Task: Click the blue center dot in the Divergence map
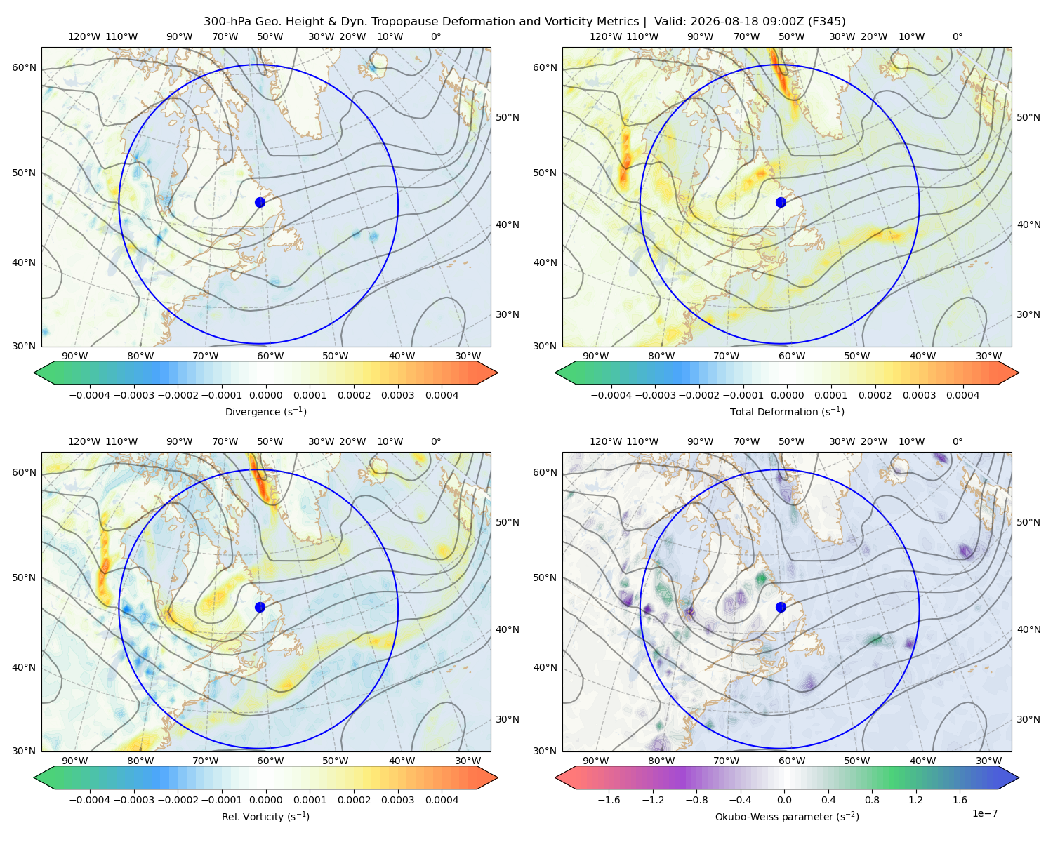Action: (x=260, y=203)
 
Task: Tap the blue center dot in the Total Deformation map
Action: (x=781, y=203)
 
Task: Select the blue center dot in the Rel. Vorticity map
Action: (x=260, y=607)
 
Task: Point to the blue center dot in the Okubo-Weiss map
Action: (x=781, y=607)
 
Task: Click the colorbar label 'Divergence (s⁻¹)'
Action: (x=265, y=411)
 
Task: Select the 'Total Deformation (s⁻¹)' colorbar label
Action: (x=787, y=411)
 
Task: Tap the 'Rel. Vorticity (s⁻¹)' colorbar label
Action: (x=265, y=817)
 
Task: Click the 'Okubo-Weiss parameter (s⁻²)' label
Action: (x=787, y=817)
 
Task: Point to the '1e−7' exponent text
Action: (x=984, y=813)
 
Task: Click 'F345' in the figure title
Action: (x=826, y=22)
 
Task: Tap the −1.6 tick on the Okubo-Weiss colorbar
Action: (x=609, y=800)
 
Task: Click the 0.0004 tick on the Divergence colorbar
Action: (x=442, y=395)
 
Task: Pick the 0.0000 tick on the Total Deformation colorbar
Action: (x=787, y=395)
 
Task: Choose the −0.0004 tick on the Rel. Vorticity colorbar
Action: (x=90, y=800)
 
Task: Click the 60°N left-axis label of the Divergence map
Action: (x=24, y=67)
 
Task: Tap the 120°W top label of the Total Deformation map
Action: (x=606, y=36)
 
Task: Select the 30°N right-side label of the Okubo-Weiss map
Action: (x=1028, y=719)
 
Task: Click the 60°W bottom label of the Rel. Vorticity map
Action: (x=270, y=761)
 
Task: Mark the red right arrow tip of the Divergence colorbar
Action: (x=497, y=373)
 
